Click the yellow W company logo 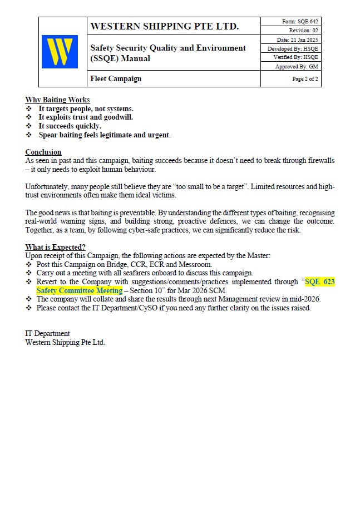[x=60, y=52]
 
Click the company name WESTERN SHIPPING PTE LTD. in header [x=164, y=26]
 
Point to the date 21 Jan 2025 [x=298, y=39]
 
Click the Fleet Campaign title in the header [x=116, y=79]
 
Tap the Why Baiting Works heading [x=57, y=100]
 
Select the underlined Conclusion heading [x=43, y=152]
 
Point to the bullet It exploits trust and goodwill [x=86, y=117]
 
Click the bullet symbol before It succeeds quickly [x=29, y=126]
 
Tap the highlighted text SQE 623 [x=320, y=282]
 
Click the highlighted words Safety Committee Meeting [x=79, y=290]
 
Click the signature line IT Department [x=48, y=334]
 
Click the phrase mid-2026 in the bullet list [x=307, y=299]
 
